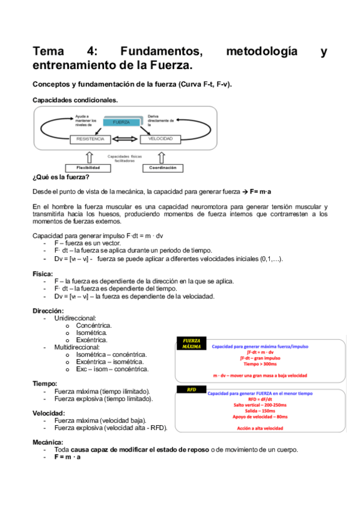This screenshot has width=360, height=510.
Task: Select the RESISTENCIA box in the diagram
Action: [91, 139]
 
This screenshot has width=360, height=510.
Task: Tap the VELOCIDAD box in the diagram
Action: [160, 139]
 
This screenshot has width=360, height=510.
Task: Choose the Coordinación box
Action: [162, 168]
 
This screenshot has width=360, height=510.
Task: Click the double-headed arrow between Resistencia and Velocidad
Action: [126, 140]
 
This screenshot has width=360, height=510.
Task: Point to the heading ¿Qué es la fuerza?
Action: [61, 177]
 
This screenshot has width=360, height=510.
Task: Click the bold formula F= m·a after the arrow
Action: [261, 191]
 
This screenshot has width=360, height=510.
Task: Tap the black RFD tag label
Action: [191, 389]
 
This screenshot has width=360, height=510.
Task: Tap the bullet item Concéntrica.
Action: [94, 325]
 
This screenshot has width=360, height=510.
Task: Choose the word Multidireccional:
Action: [77, 347]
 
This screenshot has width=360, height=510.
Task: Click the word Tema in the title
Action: [50, 52]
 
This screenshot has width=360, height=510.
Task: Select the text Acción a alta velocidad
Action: [260, 428]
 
